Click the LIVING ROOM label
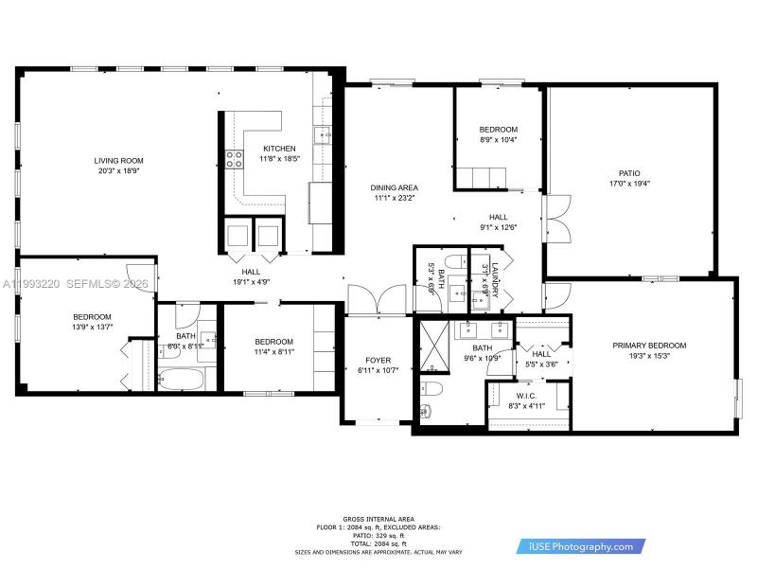(118, 160)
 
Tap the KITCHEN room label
(279, 149)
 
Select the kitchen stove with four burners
(232, 159)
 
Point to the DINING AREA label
(395, 187)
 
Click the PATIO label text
(629, 173)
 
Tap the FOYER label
(378, 360)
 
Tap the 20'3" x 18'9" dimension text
(118, 171)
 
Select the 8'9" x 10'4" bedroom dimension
(498, 140)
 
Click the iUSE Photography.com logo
(581, 546)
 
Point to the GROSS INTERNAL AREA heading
(378, 520)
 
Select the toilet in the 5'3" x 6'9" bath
(452, 262)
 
